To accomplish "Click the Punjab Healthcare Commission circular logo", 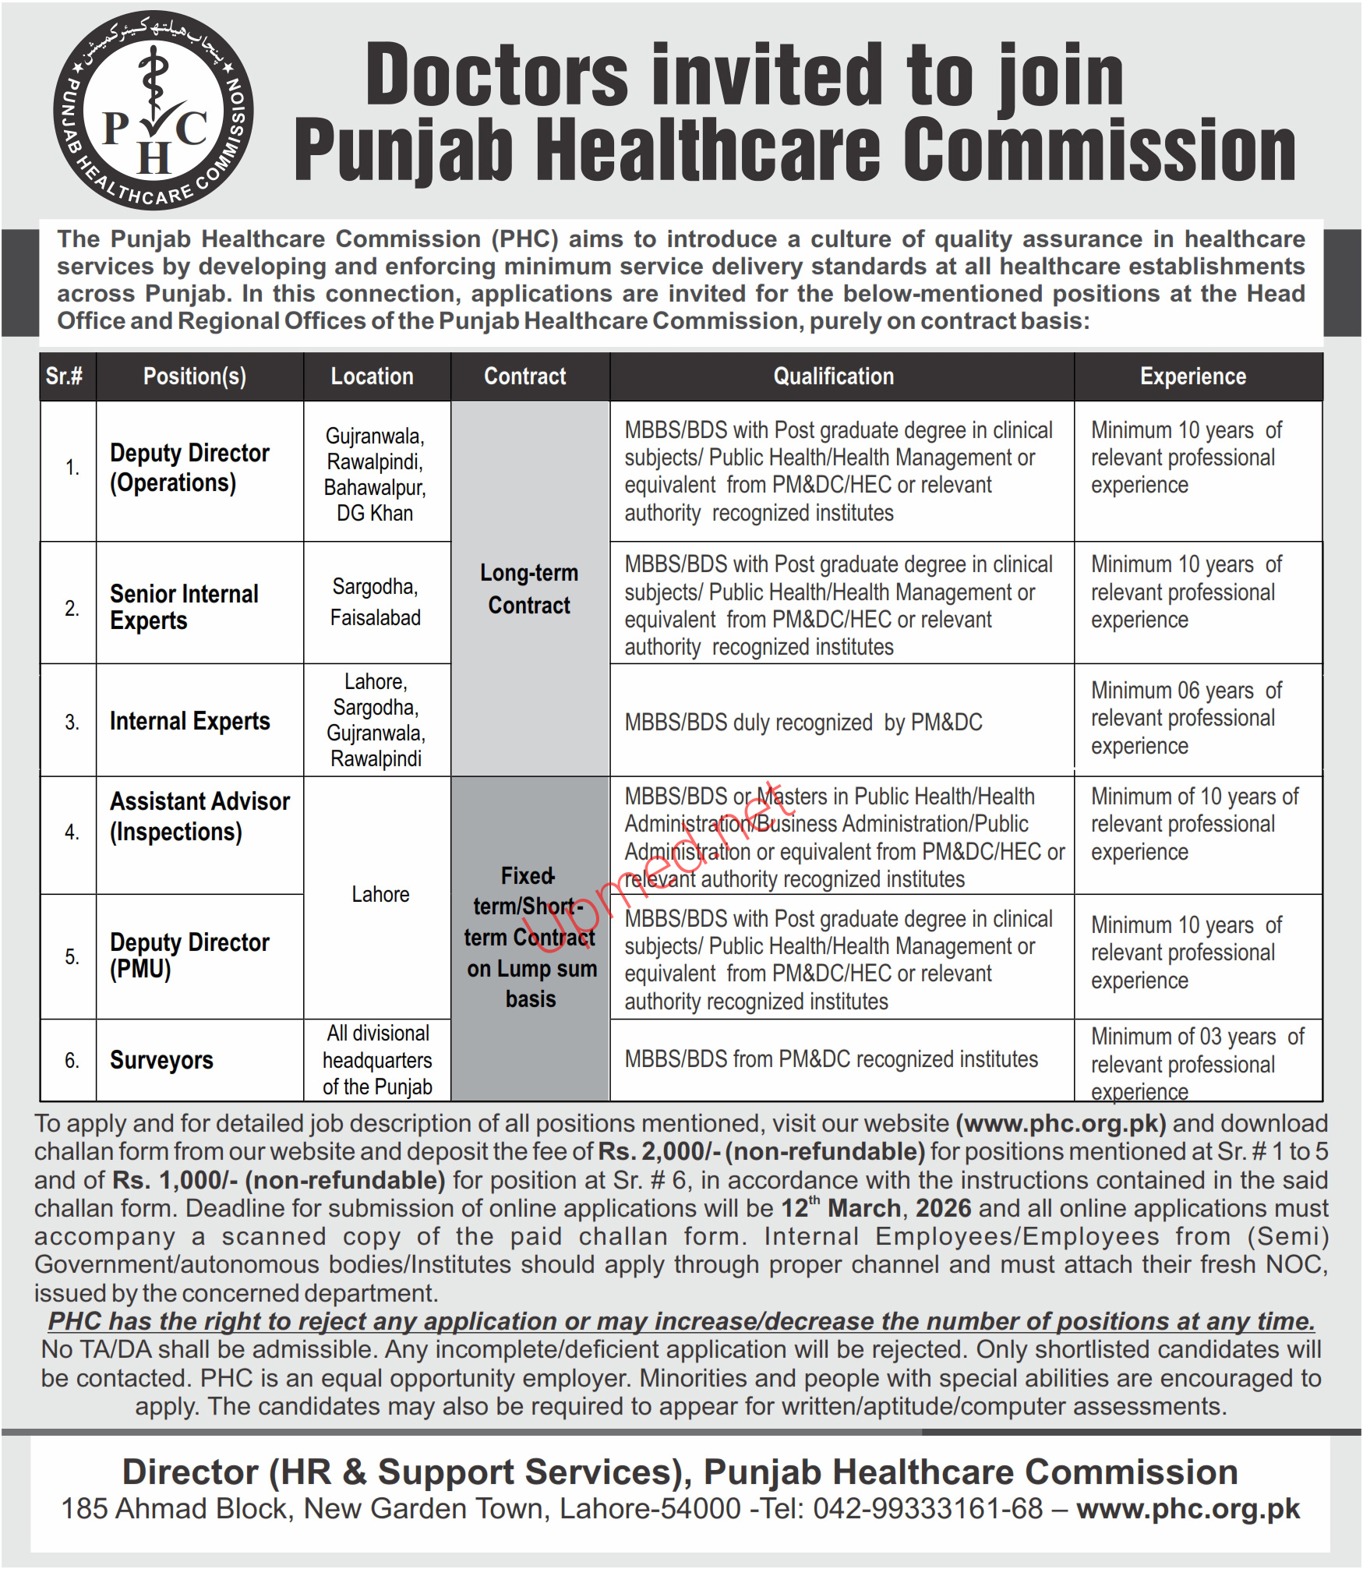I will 154,110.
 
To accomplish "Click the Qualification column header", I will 833,376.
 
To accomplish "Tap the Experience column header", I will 1192,376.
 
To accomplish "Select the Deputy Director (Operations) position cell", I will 189,468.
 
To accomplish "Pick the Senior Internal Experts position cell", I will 184,607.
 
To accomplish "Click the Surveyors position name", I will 161,1060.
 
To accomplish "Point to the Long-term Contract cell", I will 529,589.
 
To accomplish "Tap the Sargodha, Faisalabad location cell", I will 375,602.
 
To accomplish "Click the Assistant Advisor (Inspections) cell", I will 200,816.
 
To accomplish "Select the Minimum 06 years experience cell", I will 1185,718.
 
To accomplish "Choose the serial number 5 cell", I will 72,956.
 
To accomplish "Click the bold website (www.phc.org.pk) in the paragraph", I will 1061,1123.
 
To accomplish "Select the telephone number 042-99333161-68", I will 927,1508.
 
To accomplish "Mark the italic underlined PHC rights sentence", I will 681,1321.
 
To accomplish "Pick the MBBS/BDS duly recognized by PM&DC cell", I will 803,723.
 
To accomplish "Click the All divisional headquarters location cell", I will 377,1060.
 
